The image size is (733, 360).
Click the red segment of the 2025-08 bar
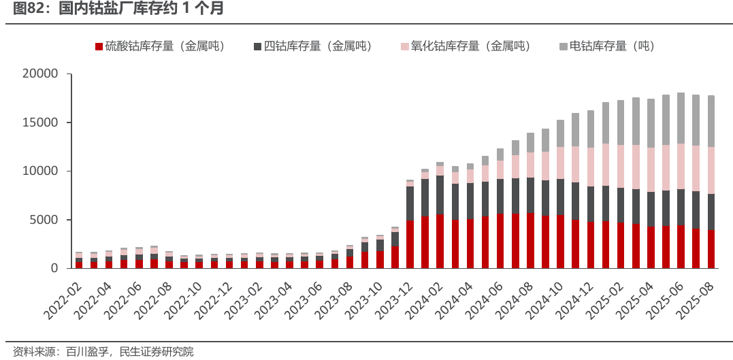[x=711, y=249]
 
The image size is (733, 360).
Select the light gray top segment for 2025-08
[x=711, y=121]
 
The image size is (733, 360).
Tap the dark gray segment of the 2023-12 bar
[x=410, y=203]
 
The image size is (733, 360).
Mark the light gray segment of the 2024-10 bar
[x=560, y=134]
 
